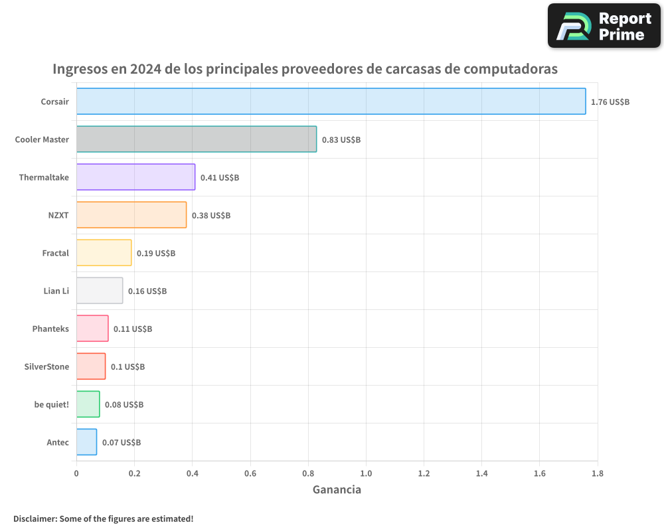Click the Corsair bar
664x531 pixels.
(331, 102)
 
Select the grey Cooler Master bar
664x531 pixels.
(197, 139)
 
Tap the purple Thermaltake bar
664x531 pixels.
(135, 177)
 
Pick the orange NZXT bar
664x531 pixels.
(131, 215)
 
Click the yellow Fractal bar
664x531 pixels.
(104, 253)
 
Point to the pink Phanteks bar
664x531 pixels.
(92, 329)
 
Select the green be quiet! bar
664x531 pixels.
(88, 404)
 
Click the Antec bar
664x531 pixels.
(86, 442)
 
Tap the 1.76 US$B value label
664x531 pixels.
(610, 102)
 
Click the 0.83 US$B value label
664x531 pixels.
(341, 140)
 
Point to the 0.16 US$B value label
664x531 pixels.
(147, 291)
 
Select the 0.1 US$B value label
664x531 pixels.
(127, 367)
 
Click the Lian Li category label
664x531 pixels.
(56, 291)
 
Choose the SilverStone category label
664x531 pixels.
(46, 366)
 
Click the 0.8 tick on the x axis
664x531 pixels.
(308, 473)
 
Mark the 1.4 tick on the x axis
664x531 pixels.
(481, 473)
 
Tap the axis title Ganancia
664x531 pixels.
(337, 490)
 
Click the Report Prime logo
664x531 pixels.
(604, 26)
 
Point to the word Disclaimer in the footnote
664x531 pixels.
(35, 518)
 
